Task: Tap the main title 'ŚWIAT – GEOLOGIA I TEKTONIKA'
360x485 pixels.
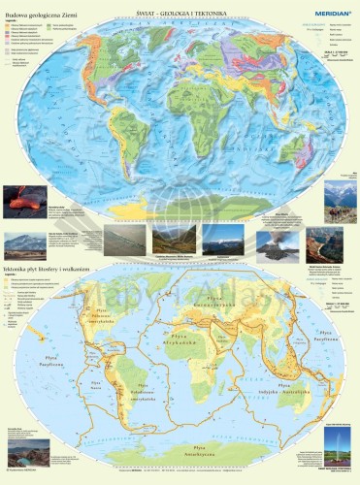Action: [181, 6]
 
